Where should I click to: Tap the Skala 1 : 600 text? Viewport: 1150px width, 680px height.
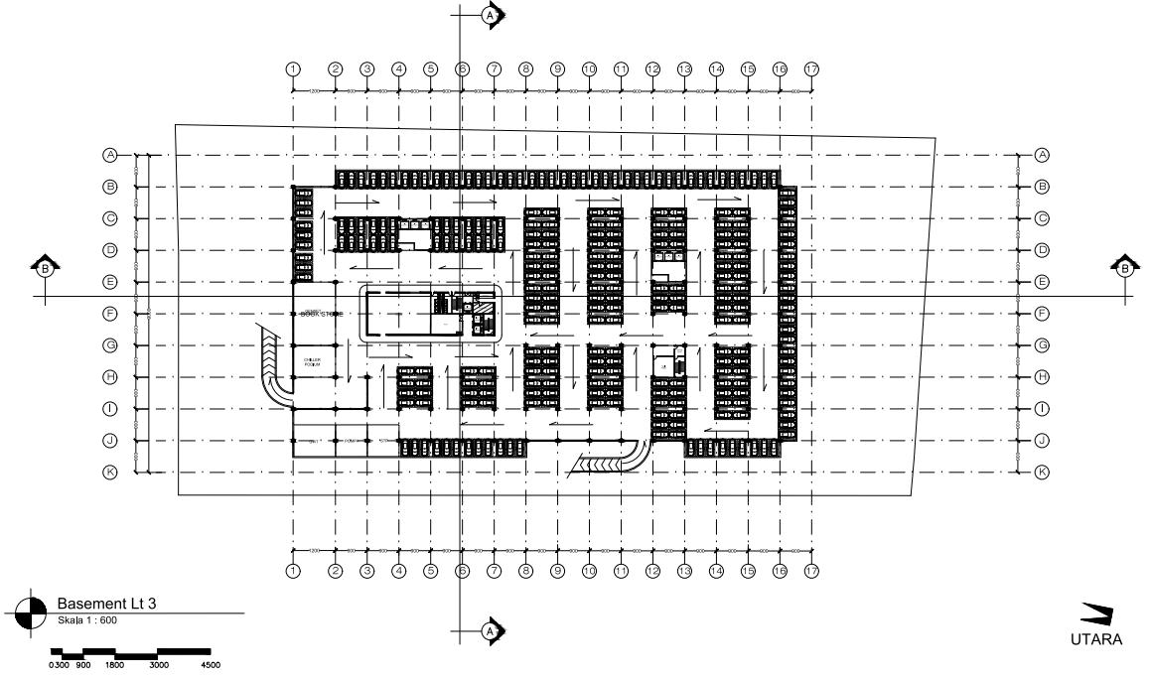tap(89, 617)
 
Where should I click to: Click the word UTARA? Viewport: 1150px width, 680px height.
tap(1096, 639)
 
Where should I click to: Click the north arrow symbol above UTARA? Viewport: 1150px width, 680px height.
tap(1097, 614)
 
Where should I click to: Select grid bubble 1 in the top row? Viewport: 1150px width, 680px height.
tap(293, 69)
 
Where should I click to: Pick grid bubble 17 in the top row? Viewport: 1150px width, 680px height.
tap(811, 69)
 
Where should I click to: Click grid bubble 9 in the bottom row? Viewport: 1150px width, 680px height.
tap(557, 571)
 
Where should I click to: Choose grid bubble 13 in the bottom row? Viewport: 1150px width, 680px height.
tap(684, 571)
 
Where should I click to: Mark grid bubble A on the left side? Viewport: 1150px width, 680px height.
tap(111, 155)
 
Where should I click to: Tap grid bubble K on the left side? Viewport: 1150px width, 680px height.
tap(111, 473)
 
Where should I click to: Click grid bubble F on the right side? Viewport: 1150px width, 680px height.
tap(1042, 314)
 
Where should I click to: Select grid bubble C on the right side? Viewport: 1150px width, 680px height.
tap(1042, 218)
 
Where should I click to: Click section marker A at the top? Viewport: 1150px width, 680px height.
tap(490, 15)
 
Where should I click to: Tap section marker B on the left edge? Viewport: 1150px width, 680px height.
tap(45, 267)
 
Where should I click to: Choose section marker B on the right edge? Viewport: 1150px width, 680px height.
tap(1124, 267)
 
